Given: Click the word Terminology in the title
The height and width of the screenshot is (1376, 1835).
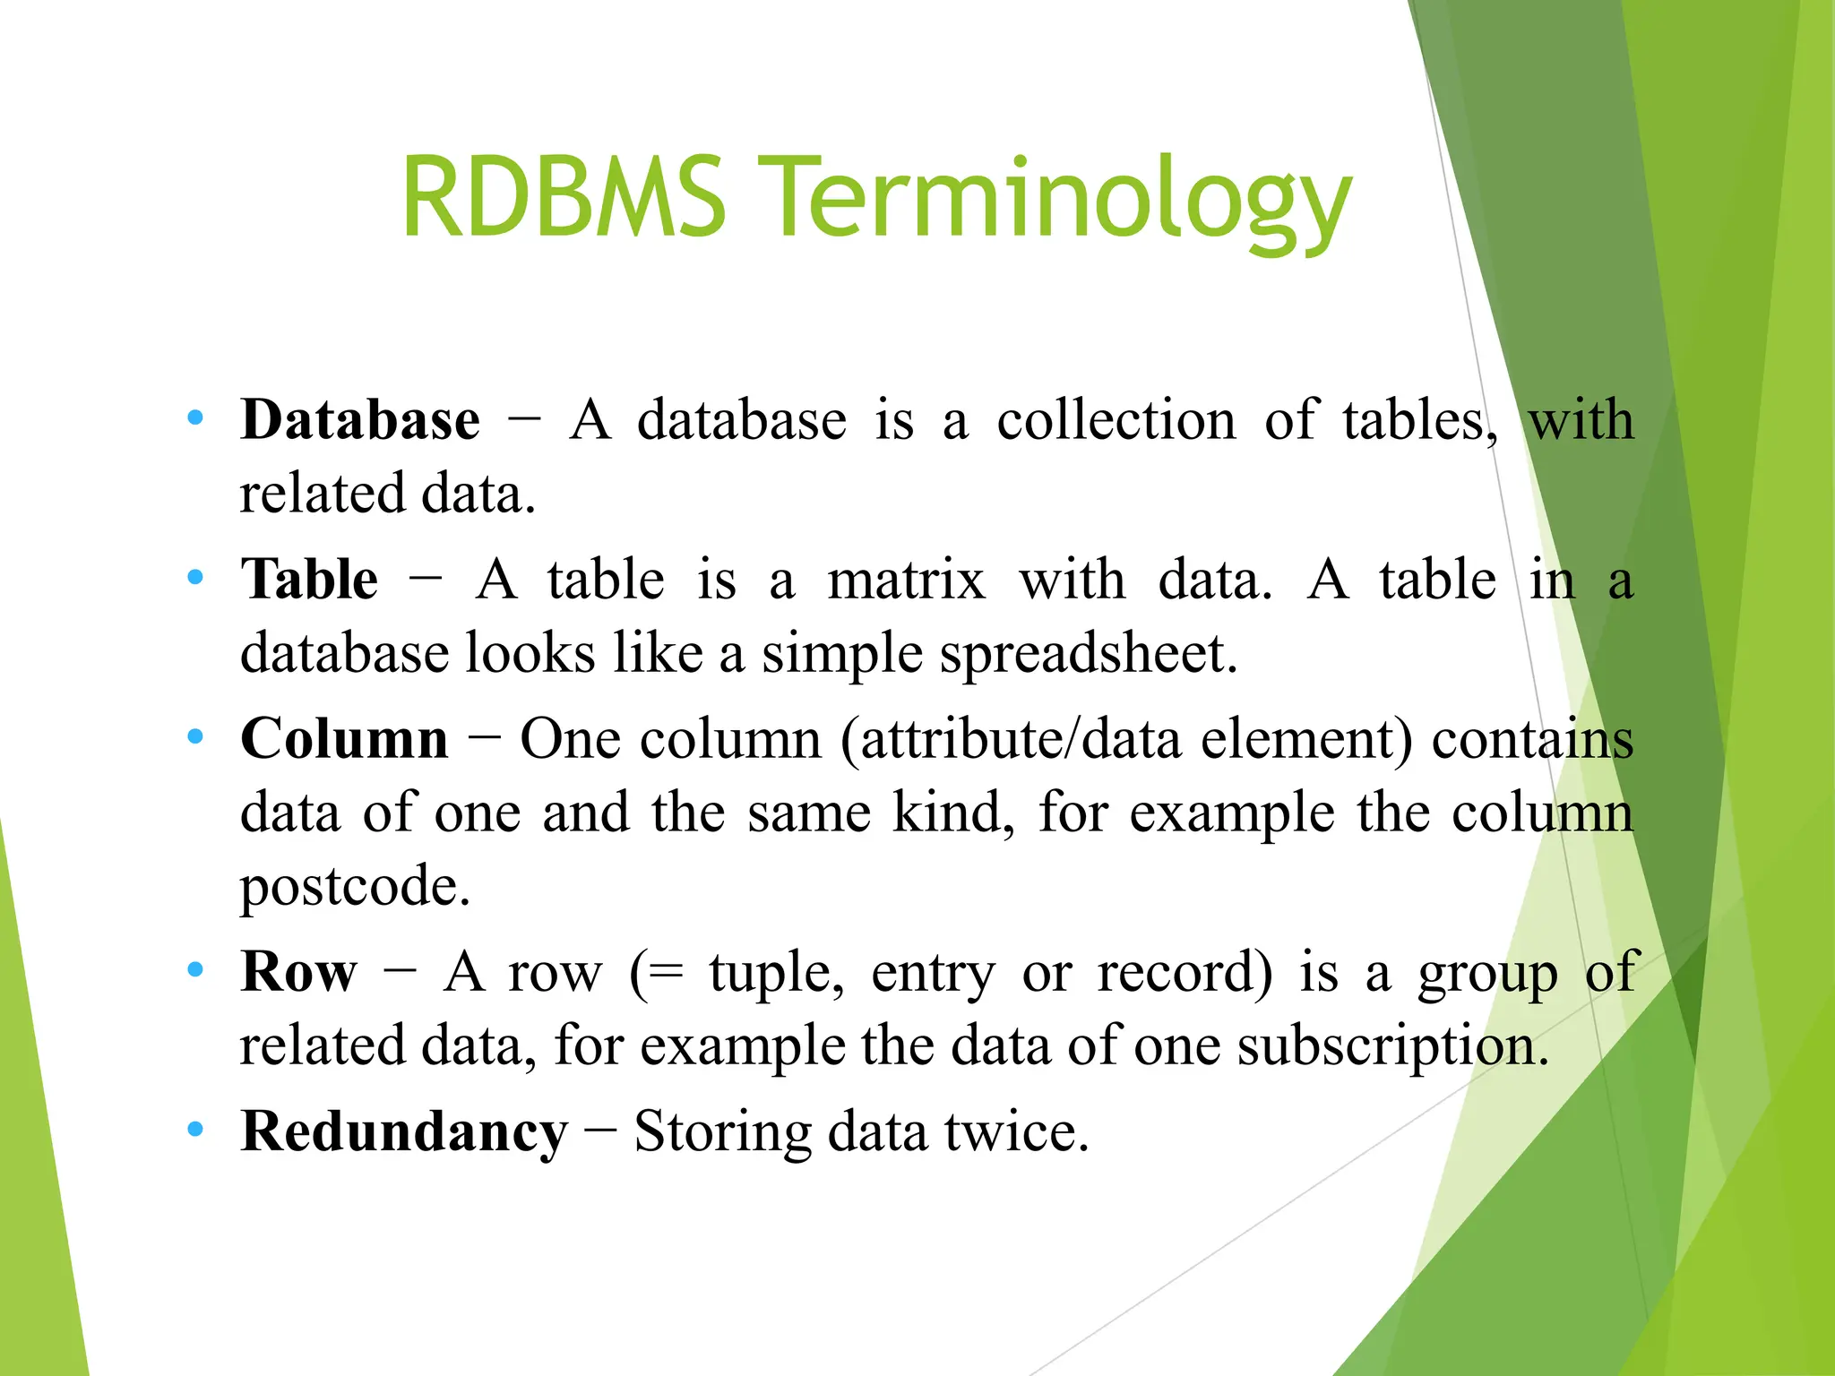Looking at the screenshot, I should tap(1060, 202).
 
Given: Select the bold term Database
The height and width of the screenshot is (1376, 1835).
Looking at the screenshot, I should tap(360, 419).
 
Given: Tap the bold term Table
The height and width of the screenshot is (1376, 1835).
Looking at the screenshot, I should tap(309, 579).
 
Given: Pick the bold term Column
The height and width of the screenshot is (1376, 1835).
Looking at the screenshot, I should tap(344, 739).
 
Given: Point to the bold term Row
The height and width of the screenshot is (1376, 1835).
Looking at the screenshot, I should tap(298, 971).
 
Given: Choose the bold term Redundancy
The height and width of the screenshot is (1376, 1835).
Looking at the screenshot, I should tap(404, 1131).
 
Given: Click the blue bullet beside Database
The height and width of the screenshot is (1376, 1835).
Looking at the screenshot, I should tap(195, 418).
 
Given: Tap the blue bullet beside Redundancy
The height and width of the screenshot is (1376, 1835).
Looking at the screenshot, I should tap(195, 1130).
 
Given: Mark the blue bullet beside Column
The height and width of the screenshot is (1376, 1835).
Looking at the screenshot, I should tap(195, 737).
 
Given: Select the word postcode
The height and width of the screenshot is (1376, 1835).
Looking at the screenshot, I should tap(354, 887).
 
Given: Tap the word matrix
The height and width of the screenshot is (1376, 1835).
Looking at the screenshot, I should tap(906, 580).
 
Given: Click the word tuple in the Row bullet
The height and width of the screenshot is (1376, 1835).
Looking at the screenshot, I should tap(775, 973).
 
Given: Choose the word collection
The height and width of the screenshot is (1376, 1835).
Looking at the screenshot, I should tap(1116, 420).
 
